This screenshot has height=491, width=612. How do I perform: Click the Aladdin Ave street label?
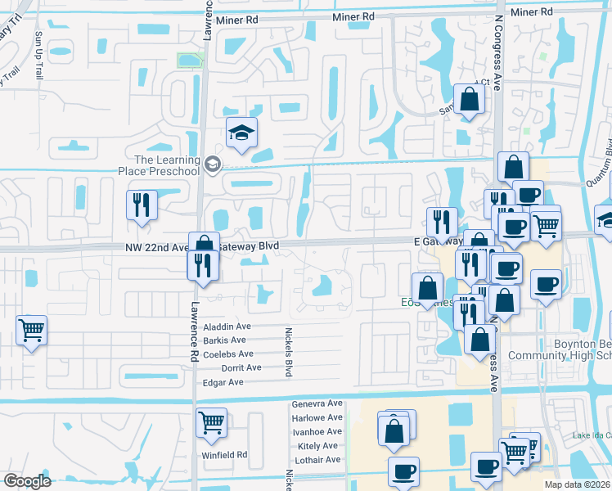coord(227,327)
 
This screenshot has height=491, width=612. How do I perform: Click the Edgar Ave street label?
coord(223,382)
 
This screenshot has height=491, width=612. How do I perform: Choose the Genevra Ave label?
coord(317,404)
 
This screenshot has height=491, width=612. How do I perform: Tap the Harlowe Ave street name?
coord(317,418)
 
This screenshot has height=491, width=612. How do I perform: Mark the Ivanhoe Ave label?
coord(317,431)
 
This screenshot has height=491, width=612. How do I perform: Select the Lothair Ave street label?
coord(317,460)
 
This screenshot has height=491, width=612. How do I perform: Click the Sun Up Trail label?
coord(38,56)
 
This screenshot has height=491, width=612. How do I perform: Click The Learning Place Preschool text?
coord(167,165)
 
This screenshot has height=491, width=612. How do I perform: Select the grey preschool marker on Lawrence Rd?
coord(213,165)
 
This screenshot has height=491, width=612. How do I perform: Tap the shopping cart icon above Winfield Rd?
coord(211,423)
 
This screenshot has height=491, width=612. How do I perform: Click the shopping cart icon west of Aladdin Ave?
coord(31,331)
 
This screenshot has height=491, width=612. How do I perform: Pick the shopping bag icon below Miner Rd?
coord(470,101)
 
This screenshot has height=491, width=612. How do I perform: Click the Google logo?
coord(27,481)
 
